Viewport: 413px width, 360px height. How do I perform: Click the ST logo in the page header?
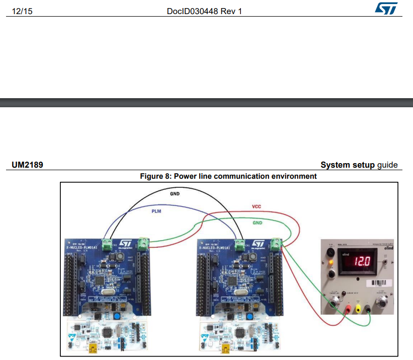tap(386, 9)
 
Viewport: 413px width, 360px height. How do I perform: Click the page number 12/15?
tap(21, 11)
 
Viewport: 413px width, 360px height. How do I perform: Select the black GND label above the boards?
tap(175, 193)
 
